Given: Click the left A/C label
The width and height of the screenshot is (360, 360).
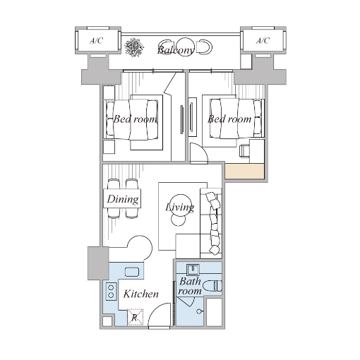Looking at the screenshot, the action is (x=97, y=41).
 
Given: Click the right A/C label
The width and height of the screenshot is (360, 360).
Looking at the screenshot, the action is (x=263, y=41).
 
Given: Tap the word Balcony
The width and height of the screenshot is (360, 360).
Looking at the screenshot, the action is (x=176, y=50).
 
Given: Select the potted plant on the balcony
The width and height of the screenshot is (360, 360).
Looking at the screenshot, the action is (x=134, y=47).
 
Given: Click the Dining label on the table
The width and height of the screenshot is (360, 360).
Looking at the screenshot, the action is (x=123, y=199).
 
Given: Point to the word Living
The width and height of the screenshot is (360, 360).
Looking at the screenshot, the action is (x=180, y=208).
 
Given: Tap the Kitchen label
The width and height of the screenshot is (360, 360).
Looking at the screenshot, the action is (x=141, y=294).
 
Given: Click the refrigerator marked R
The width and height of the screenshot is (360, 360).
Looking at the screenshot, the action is (x=135, y=317).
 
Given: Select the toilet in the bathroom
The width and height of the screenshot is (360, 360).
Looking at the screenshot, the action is (x=212, y=286).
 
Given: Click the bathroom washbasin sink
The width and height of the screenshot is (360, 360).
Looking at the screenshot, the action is (x=193, y=270).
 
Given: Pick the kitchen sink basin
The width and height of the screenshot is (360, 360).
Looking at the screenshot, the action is (x=132, y=272).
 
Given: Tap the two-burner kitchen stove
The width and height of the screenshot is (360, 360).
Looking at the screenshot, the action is (x=111, y=291).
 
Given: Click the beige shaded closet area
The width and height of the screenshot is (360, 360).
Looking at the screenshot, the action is (x=244, y=172).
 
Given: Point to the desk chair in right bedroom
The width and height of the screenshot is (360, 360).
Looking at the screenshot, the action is (x=244, y=151).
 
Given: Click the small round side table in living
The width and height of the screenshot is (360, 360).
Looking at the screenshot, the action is (x=178, y=220).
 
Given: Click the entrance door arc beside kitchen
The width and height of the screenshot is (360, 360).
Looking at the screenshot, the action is (x=156, y=308).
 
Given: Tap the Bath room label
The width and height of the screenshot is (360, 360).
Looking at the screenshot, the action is (x=190, y=286).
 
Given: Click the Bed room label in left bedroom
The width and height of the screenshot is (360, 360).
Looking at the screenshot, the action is (x=135, y=119).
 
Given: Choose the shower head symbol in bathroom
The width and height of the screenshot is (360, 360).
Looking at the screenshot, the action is (x=199, y=311).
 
